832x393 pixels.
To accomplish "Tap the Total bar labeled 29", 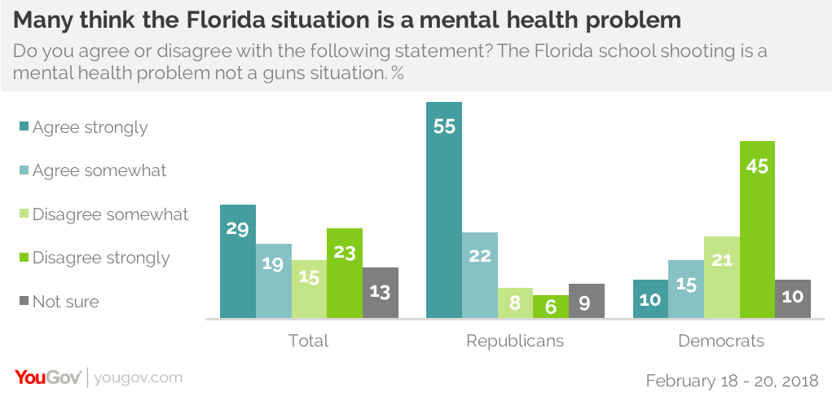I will point(238,261).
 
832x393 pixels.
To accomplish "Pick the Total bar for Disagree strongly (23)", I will point(345,272).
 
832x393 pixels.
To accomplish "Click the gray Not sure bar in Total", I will point(381,292).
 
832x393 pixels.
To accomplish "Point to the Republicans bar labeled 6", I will point(550,306).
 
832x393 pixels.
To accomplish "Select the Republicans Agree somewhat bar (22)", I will point(479,275).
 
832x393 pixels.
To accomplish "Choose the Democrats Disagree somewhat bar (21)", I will point(722,276).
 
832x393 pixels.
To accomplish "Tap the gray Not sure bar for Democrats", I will point(794,298).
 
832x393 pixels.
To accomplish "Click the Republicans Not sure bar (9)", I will point(586,300).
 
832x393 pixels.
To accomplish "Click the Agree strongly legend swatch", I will point(24,127).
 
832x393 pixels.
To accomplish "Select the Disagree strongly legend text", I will point(101,258).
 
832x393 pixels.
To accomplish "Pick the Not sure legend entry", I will point(65,302).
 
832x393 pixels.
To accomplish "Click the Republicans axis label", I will point(514,340).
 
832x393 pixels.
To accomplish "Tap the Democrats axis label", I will point(721,340).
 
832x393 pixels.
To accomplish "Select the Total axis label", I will point(309,340).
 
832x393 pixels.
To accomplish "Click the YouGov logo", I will point(48,377).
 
